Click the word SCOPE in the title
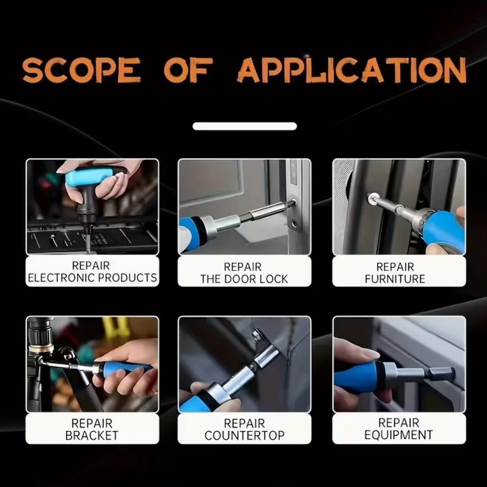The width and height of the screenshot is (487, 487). click(x=81, y=70)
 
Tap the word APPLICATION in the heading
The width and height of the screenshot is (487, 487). click(x=352, y=70)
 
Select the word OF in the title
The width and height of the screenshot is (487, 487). click(x=188, y=70)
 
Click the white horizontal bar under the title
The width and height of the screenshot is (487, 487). click(x=244, y=126)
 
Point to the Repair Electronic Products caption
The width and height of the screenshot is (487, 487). click(x=92, y=271)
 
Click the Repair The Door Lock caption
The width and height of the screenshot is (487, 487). click(x=244, y=273)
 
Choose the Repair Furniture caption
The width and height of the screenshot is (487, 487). click(x=395, y=273)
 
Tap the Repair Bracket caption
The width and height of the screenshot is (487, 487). click(x=92, y=429)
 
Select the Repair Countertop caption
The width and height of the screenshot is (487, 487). click(x=244, y=429)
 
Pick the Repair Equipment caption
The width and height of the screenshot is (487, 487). click(x=399, y=428)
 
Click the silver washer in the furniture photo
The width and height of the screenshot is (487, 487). click(x=372, y=198)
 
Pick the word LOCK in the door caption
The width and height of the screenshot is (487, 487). click(x=274, y=279)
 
